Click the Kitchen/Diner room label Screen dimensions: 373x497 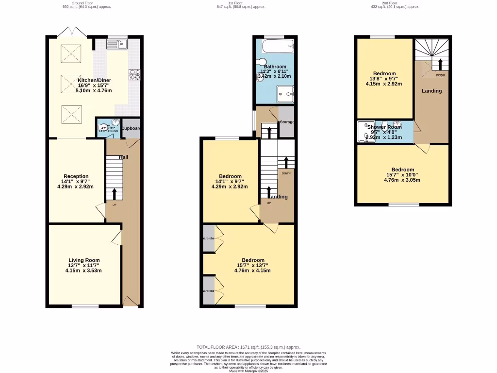tap(95, 80)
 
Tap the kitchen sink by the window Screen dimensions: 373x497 tap(117, 45)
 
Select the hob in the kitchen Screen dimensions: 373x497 tap(134, 74)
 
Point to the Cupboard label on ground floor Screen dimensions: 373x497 tap(131, 129)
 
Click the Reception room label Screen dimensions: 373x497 tap(76, 176)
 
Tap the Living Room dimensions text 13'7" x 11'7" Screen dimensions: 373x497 tap(84, 266)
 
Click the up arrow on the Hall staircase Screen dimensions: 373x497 tap(115, 193)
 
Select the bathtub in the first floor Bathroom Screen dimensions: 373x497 tap(277, 48)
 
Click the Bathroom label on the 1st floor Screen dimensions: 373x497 tap(275, 67)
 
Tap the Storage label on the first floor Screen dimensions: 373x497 tap(286, 122)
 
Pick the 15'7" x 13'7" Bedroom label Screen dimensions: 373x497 tap(253, 260)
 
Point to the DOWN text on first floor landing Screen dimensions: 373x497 tap(286, 173)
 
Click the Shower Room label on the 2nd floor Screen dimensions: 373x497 tap(384, 127)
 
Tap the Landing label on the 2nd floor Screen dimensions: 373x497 tap(431, 91)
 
